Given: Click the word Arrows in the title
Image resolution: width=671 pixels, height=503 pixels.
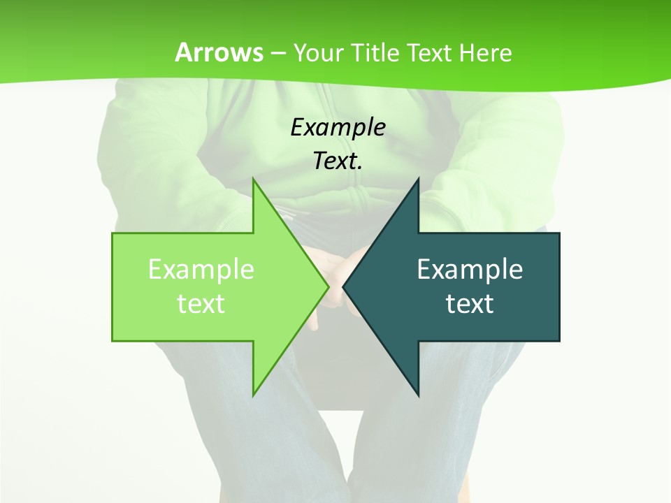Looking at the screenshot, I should [219, 52].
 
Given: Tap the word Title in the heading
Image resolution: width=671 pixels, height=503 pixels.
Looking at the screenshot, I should [374, 53].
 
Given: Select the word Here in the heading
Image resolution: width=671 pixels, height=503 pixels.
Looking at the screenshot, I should [486, 53].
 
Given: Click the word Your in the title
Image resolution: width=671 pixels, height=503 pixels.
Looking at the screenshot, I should [318, 53].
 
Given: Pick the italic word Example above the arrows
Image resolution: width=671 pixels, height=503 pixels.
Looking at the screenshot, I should [338, 128].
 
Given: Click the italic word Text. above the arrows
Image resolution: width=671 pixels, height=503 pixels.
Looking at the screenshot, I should [338, 161].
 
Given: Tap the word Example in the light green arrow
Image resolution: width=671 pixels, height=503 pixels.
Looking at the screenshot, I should [201, 270].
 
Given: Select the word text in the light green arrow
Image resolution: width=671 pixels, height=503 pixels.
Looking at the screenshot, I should [201, 304].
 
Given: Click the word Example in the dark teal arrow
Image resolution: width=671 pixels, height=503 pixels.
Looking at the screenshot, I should [470, 270].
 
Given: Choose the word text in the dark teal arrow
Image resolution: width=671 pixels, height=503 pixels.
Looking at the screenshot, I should [470, 304].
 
